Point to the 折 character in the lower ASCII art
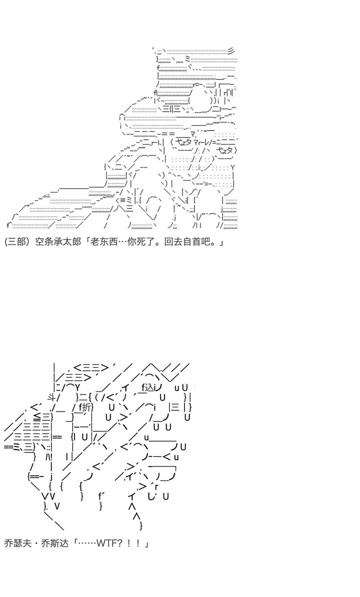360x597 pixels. coord(86,407)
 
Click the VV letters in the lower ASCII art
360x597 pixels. coord(48,496)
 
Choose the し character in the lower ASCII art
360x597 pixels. coord(151,496)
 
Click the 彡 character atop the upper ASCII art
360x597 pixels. coord(231,50)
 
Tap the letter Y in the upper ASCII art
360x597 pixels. coord(233,167)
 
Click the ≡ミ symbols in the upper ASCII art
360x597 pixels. coord(125,200)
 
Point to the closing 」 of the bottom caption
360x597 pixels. coord(146,544)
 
